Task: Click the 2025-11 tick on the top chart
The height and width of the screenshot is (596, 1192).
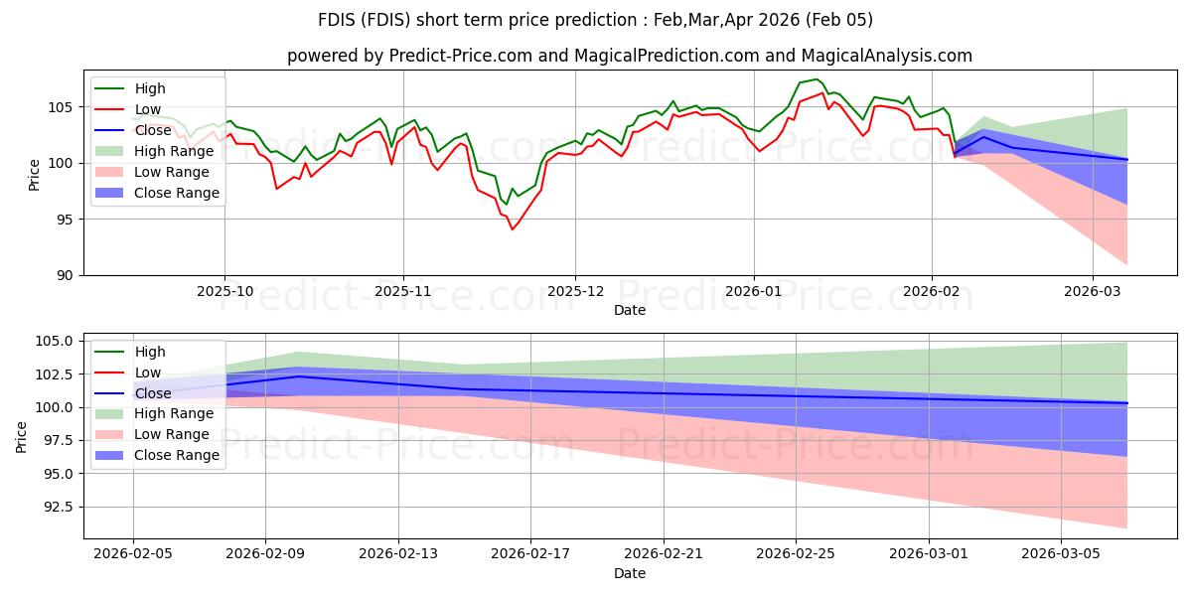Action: pyautogui.click(x=402, y=292)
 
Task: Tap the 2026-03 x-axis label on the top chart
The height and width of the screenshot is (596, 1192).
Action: pyautogui.click(x=1093, y=292)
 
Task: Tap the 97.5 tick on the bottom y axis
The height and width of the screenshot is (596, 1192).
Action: pyautogui.click(x=57, y=440)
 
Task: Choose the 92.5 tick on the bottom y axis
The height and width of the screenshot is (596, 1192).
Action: pyautogui.click(x=57, y=507)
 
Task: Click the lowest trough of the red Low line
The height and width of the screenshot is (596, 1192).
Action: pyautogui.click(x=513, y=229)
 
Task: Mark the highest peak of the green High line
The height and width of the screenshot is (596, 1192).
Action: pyautogui.click(x=816, y=79)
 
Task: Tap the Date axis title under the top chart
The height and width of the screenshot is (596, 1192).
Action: pyautogui.click(x=629, y=310)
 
